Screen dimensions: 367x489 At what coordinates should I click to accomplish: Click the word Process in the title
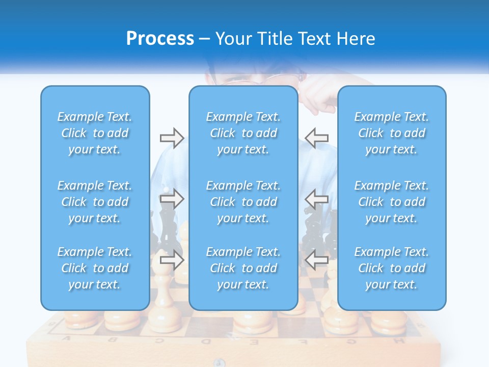(x=160, y=39)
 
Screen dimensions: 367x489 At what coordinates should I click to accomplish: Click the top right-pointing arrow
(x=172, y=138)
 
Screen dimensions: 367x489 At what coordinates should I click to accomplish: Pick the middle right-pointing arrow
(x=172, y=199)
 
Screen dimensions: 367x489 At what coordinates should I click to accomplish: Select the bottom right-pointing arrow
(x=172, y=260)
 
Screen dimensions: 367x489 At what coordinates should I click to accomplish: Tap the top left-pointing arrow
(x=316, y=138)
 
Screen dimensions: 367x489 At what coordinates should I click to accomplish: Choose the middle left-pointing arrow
(x=316, y=199)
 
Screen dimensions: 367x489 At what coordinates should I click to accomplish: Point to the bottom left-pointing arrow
(x=316, y=260)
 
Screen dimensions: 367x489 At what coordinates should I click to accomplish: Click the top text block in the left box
(x=95, y=133)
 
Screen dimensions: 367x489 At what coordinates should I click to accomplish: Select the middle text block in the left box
(x=95, y=202)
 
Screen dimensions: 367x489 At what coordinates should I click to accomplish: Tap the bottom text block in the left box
(x=95, y=268)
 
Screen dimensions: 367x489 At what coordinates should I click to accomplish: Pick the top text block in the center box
(x=243, y=133)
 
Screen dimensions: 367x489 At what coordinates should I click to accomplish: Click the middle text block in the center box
(x=243, y=202)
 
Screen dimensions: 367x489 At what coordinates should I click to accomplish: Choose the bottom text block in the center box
(x=243, y=268)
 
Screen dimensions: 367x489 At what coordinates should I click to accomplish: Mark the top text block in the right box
(x=392, y=133)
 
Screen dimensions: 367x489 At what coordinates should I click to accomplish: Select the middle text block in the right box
(x=392, y=202)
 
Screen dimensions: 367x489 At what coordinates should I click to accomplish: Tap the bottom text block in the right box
(x=392, y=268)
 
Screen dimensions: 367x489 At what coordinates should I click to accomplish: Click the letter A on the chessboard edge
(x=66, y=338)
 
